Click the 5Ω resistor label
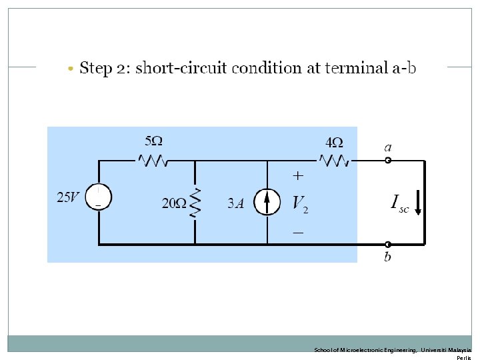click(x=153, y=141)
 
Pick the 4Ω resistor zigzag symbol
click(x=333, y=160)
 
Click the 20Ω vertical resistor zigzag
click(x=195, y=203)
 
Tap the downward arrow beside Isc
click(x=419, y=203)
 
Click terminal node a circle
click(x=388, y=160)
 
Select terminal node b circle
click(x=388, y=245)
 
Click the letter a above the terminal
click(x=387, y=147)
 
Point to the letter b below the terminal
click(x=387, y=257)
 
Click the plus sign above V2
click(x=298, y=175)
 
